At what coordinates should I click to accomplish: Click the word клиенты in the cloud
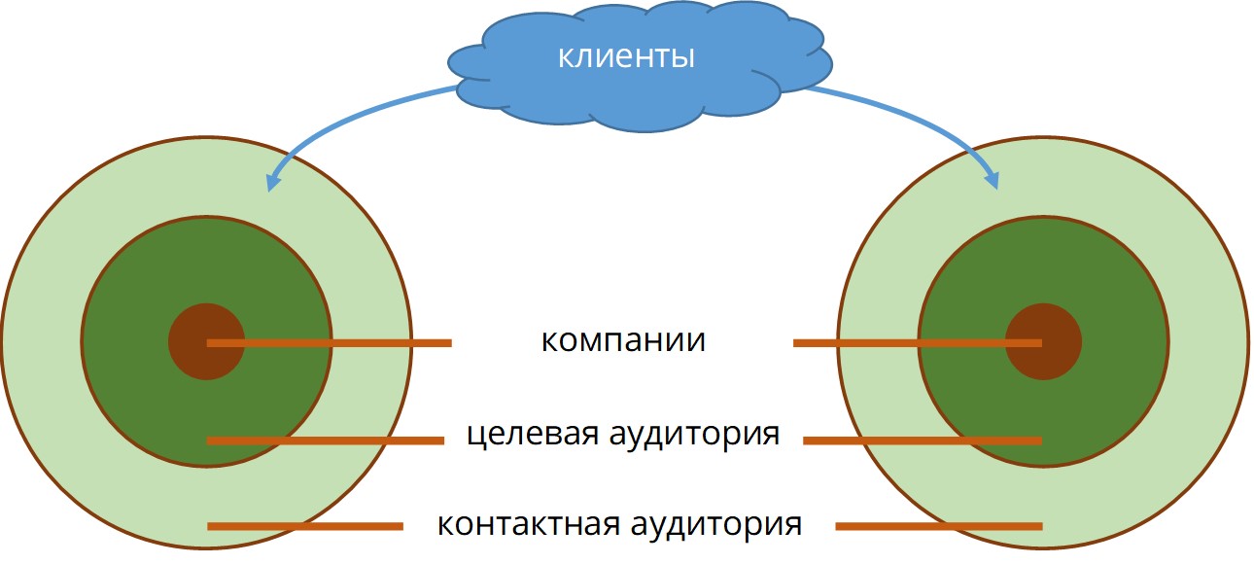pos(626,57)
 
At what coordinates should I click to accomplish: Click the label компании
pos(623,340)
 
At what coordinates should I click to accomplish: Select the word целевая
pos(533,434)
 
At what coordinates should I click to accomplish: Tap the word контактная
pos(529,524)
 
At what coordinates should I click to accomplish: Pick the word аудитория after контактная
pos(716,525)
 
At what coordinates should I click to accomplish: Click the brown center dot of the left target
pos(207,341)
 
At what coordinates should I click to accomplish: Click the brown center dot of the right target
pos(1043,341)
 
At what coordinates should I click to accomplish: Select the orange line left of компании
pos(330,342)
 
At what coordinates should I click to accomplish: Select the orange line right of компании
pos(918,342)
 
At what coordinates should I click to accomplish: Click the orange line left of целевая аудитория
pos(326,441)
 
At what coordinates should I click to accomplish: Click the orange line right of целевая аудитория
pos(923,441)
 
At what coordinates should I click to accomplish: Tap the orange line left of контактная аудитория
pos(305,526)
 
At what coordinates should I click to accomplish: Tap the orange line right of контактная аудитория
pos(939,526)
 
